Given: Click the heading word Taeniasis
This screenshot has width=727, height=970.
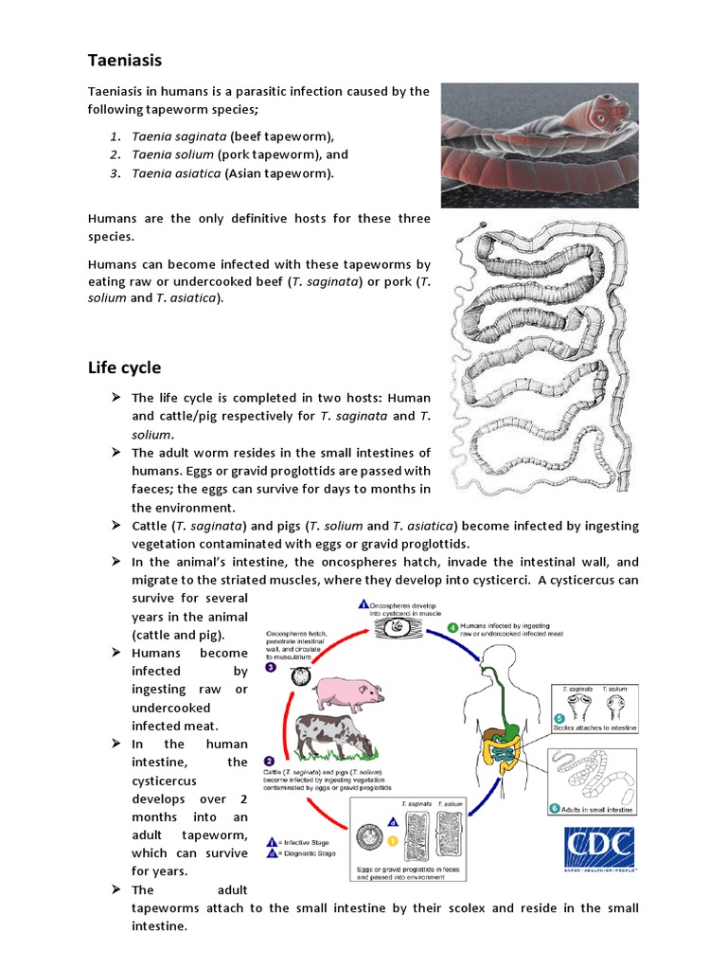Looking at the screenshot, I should [x=125, y=61].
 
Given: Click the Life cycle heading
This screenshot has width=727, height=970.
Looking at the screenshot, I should [x=124, y=368].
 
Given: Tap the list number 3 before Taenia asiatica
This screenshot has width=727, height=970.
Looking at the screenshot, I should [x=115, y=172].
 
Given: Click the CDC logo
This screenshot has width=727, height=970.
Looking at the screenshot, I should [x=600, y=849].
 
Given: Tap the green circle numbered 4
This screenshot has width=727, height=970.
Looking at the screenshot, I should [x=453, y=626].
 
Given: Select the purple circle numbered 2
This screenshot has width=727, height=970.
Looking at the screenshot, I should [x=270, y=761].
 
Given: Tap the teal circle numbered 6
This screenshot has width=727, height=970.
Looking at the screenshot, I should [x=555, y=808].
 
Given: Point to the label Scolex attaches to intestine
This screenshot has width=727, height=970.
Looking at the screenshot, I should [x=599, y=727].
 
